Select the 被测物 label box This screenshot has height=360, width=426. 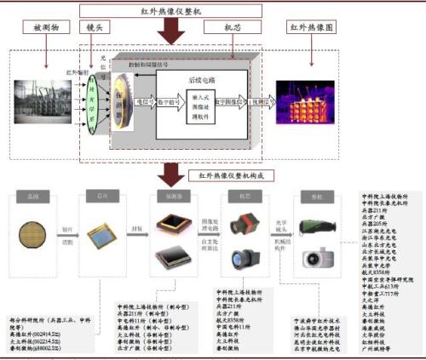[44, 28]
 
